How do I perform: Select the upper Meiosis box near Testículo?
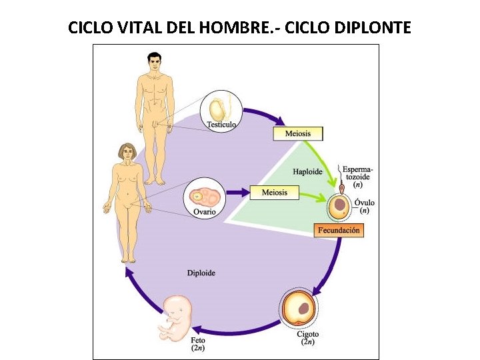coord(297,133)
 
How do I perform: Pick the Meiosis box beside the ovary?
coord(275,193)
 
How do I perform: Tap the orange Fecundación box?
coord(339,231)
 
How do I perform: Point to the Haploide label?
coord(307,171)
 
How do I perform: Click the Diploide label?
coord(201,273)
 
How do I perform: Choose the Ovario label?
coord(204,212)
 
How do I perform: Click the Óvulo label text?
coord(364,203)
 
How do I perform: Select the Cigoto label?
coord(308,335)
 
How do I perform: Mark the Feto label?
coord(199,340)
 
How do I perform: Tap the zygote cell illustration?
coord(299,309)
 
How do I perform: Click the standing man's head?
coord(155,64)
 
